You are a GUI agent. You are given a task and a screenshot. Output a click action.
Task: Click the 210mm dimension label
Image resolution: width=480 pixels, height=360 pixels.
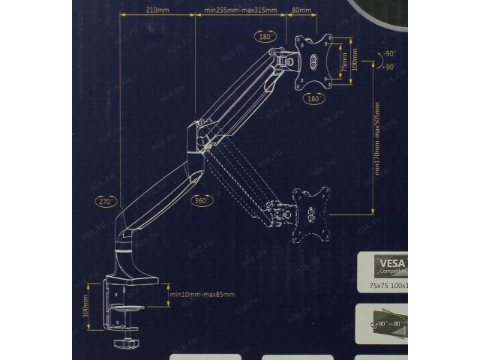tap(157, 10)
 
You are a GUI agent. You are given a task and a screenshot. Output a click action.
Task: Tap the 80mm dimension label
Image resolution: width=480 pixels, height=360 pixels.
tap(301, 11)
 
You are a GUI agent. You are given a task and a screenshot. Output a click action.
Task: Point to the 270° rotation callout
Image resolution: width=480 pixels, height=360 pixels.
tap(104, 201)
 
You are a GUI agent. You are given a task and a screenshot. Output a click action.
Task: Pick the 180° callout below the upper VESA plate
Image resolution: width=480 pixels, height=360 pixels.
tap(313, 97)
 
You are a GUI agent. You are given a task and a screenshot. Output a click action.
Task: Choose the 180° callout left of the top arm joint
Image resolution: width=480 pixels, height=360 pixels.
tap(264, 35)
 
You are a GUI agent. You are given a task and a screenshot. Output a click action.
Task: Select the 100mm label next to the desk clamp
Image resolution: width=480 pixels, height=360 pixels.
tap(86, 306)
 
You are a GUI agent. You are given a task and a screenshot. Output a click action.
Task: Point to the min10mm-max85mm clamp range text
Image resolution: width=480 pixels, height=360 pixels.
tap(202, 294)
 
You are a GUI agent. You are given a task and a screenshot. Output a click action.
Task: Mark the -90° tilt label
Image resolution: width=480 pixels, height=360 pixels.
tap(389, 54)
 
